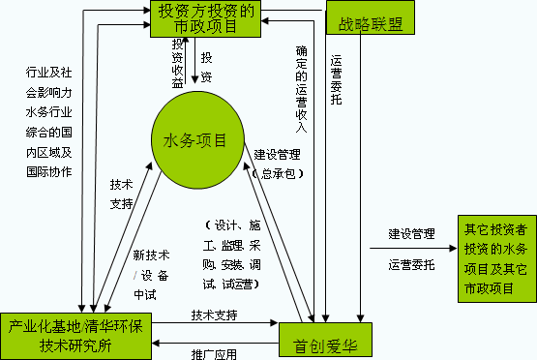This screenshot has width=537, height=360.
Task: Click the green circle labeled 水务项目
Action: pos(196,142)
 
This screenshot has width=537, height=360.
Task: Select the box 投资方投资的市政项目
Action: pos(205,20)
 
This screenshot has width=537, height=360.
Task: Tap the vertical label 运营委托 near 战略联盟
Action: pos(336,87)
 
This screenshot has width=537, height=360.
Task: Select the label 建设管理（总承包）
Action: pos(277,164)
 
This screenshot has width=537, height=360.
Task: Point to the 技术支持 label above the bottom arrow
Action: pos(214,315)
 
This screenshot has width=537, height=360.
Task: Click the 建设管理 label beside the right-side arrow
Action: pos(412,232)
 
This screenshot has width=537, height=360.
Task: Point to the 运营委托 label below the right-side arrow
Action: pos(412,263)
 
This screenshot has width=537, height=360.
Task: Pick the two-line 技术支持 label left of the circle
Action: pos(122,193)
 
